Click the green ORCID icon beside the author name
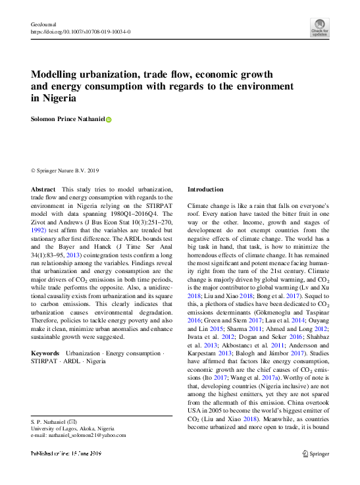coord(109,120)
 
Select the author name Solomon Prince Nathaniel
coord(68,120)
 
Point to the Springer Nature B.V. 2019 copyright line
coord(64,170)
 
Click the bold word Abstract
coord(43,189)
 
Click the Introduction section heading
coord(207,189)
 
